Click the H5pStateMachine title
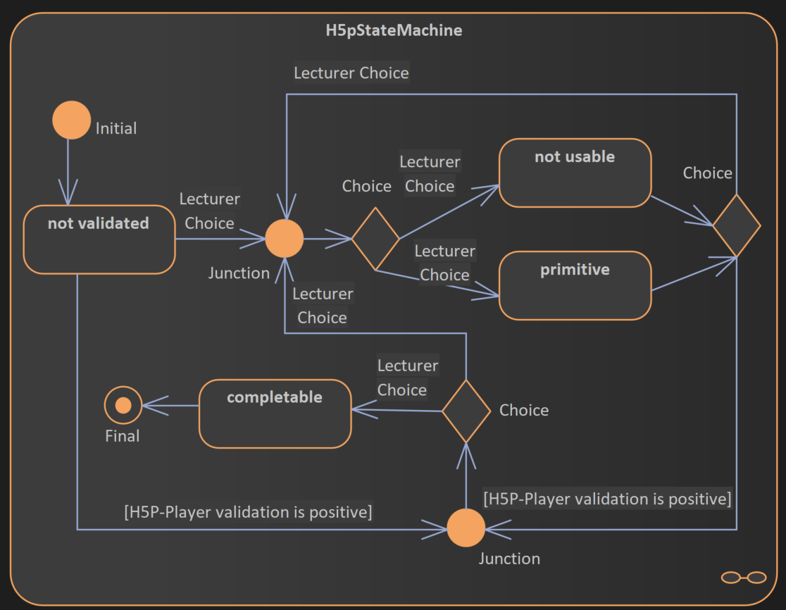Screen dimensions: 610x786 pyautogui.click(x=394, y=30)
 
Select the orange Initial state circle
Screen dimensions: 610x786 pyautogui.click(x=71, y=120)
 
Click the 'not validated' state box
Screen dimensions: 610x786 pyautogui.click(x=99, y=239)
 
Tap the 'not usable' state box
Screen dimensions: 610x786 pyautogui.click(x=575, y=173)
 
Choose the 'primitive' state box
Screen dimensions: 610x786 pyautogui.click(x=575, y=286)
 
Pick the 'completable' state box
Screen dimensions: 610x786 pyautogui.click(x=275, y=414)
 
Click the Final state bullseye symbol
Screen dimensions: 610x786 pyautogui.click(x=123, y=405)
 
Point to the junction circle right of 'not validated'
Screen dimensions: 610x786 pyautogui.click(x=285, y=239)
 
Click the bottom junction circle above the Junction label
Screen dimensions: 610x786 pyautogui.click(x=466, y=528)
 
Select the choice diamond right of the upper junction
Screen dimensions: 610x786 pyautogui.click(x=375, y=239)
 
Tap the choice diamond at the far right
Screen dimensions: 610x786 pyautogui.click(x=736, y=226)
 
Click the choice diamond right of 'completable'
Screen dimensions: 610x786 pyautogui.click(x=466, y=411)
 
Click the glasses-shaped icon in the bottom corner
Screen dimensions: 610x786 pyautogui.click(x=743, y=578)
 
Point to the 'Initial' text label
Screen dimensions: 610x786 pyautogui.click(x=116, y=128)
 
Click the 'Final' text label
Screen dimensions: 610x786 pyautogui.click(x=123, y=436)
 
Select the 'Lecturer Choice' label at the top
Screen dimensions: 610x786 pyautogui.click(x=351, y=73)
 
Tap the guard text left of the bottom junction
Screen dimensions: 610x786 pyautogui.click(x=248, y=511)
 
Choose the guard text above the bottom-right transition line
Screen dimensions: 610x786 pyautogui.click(x=607, y=499)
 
